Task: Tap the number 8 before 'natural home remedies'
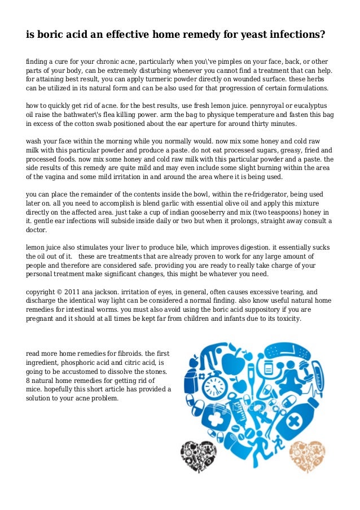(29, 380)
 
